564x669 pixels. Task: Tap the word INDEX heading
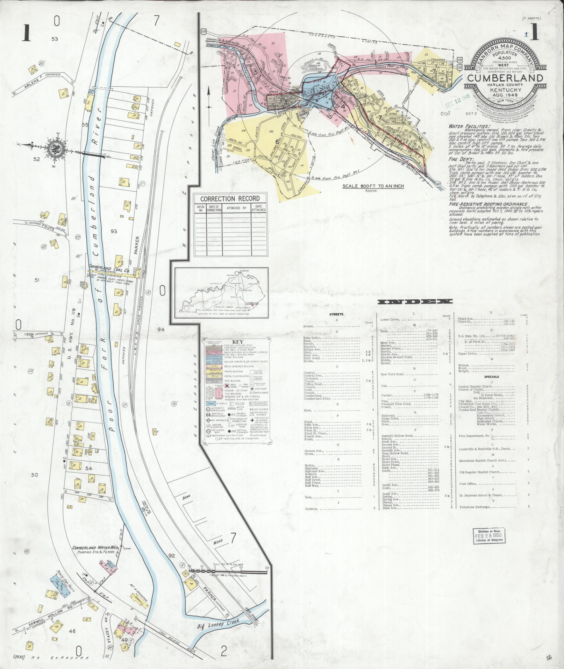point(415,302)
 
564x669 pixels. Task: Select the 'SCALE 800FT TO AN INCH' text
point(374,186)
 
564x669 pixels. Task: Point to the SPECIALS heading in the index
point(491,377)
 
